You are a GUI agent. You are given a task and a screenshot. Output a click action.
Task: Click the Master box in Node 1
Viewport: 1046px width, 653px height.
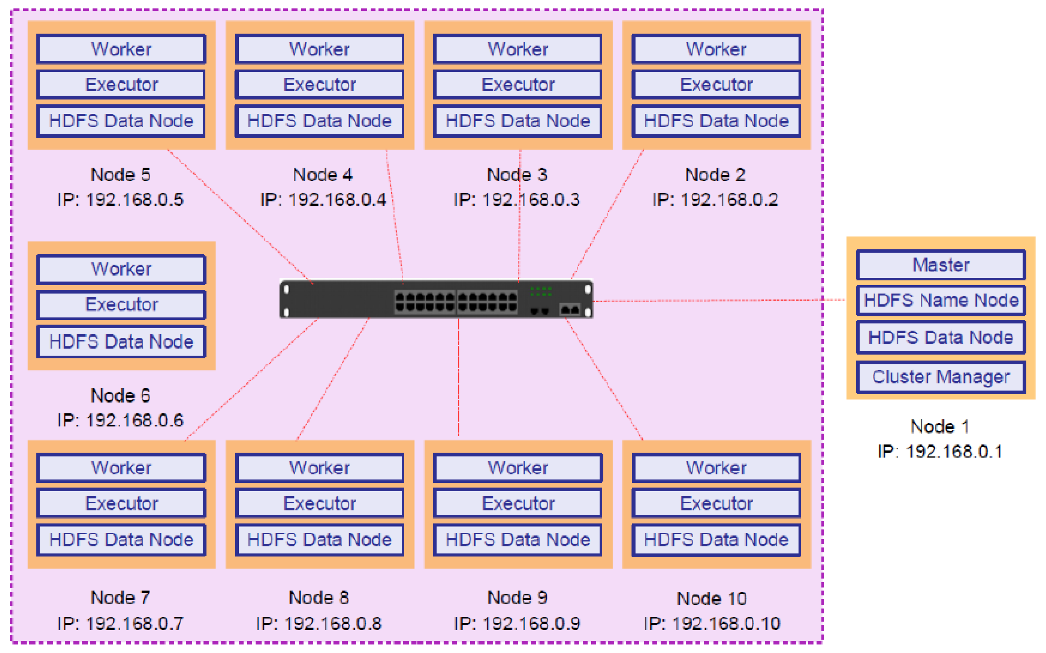(x=940, y=265)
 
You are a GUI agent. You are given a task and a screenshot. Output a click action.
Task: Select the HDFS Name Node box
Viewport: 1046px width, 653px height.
(x=940, y=300)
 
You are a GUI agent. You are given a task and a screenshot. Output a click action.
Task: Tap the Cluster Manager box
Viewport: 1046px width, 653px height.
(x=940, y=377)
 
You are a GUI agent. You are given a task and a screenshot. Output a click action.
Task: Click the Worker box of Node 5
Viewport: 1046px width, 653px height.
(x=121, y=49)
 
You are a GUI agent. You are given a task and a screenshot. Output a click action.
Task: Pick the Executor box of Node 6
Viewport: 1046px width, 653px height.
(x=121, y=304)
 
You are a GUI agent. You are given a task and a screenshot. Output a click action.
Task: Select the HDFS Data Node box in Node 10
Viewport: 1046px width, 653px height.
(x=716, y=540)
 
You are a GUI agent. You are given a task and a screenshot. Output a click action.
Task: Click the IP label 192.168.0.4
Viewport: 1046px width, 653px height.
(x=323, y=200)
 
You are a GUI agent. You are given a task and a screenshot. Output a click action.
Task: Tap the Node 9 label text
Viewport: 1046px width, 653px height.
(x=517, y=598)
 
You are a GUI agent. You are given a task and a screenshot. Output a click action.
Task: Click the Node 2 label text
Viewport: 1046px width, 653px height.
(x=715, y=175)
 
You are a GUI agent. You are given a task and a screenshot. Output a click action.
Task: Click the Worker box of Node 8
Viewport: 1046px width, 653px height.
(x=319, y=468)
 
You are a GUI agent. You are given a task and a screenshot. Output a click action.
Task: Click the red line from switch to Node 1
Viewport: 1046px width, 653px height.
(x=717, y=300)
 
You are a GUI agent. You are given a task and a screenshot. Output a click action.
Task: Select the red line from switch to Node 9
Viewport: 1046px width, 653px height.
(x=459, y=376)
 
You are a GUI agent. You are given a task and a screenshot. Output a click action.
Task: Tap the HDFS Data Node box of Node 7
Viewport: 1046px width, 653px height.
(x=121, y=540)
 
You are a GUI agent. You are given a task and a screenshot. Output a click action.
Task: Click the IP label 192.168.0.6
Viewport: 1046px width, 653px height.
(x=120, y=420)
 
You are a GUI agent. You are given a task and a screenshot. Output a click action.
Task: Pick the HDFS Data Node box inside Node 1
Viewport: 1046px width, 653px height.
(x=940, y=337)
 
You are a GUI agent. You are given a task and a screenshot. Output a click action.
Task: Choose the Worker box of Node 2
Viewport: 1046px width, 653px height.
(x=716, y=49)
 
